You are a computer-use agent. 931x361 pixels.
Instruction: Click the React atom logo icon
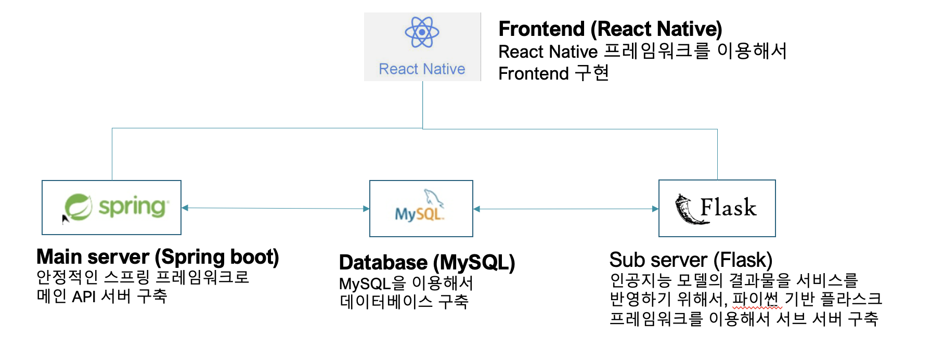pyautogui.click(x=422, y=32)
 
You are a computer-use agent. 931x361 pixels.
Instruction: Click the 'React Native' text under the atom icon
pyautogui.click(x=422, y=69)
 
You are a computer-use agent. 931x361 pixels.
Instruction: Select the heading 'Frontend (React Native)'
pyautogui.click(x=610, y=29)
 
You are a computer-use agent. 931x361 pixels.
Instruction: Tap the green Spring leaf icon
pyautogui.click(x=79, y=207)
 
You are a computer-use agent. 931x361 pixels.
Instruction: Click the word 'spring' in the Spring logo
pyautogui.click(x=133, y=207)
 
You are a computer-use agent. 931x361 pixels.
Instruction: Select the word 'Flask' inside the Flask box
pyautogui.click(x=728, y=208)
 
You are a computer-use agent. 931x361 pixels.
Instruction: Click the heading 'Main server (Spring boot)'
pyautogui.click(x=158, y=257)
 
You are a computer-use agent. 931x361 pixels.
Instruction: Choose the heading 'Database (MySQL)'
pyautogui.click(x=426, y=263)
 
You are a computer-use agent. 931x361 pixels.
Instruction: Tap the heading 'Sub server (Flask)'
pyautogui.click(x=691, y=260)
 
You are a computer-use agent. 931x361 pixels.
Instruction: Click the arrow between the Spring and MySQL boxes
pyautogui.click(x=276, y=208)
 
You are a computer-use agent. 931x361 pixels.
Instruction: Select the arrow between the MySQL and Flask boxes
pyautogui.click(x=566, y=209)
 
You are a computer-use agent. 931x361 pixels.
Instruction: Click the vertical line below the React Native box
pyautogui.click(x=422, y=104)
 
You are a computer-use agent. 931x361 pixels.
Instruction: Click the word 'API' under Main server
pyautogui.click(x=84, y=296)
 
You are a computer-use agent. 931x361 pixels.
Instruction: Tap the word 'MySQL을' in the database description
pyautogui.click(x=372, y=283)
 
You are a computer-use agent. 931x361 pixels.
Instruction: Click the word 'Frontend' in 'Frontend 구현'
pyautogui.click(x=534, y=74)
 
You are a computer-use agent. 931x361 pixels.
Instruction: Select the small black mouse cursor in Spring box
pyautogui.click(x=65, y=219)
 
